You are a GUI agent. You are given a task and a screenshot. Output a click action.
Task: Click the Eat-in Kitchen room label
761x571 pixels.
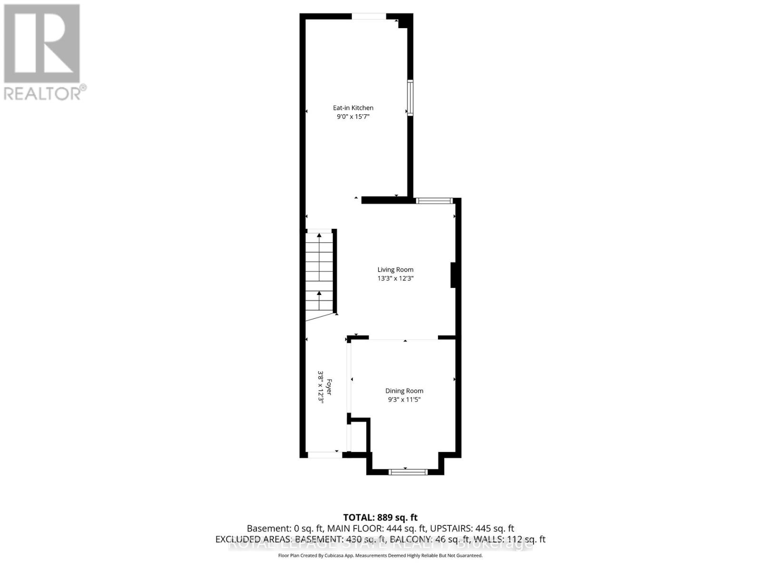tap(353, 108)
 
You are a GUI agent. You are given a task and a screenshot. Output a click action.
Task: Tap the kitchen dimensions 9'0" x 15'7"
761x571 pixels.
tap(353, 117)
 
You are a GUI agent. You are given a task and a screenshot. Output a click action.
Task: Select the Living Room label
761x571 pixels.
tap(395, 270)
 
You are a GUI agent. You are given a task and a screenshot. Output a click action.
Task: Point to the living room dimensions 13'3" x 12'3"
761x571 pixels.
tap(395, 278)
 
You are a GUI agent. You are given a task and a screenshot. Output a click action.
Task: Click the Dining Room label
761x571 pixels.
tap(404, 391)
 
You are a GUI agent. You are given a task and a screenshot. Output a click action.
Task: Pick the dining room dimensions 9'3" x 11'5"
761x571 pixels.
tap(404, 400)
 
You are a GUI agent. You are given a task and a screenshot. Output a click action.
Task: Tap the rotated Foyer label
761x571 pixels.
tap(329, 386)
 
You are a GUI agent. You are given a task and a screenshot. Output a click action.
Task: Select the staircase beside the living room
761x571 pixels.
tap(319, 274)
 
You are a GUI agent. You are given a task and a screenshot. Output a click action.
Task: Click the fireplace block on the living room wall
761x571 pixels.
tap(453, 275)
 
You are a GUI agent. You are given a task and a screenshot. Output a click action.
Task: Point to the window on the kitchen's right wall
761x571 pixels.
tap(410, 98)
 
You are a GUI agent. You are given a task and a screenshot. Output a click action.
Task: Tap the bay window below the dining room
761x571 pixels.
tap(408, 472)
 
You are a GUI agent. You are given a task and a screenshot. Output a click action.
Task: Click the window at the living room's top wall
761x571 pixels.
tap(434, 201)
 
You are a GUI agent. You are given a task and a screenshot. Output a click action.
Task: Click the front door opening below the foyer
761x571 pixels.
tap(324, 455)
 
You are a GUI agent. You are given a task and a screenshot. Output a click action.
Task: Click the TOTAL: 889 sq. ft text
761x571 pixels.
tap(380, 517)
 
